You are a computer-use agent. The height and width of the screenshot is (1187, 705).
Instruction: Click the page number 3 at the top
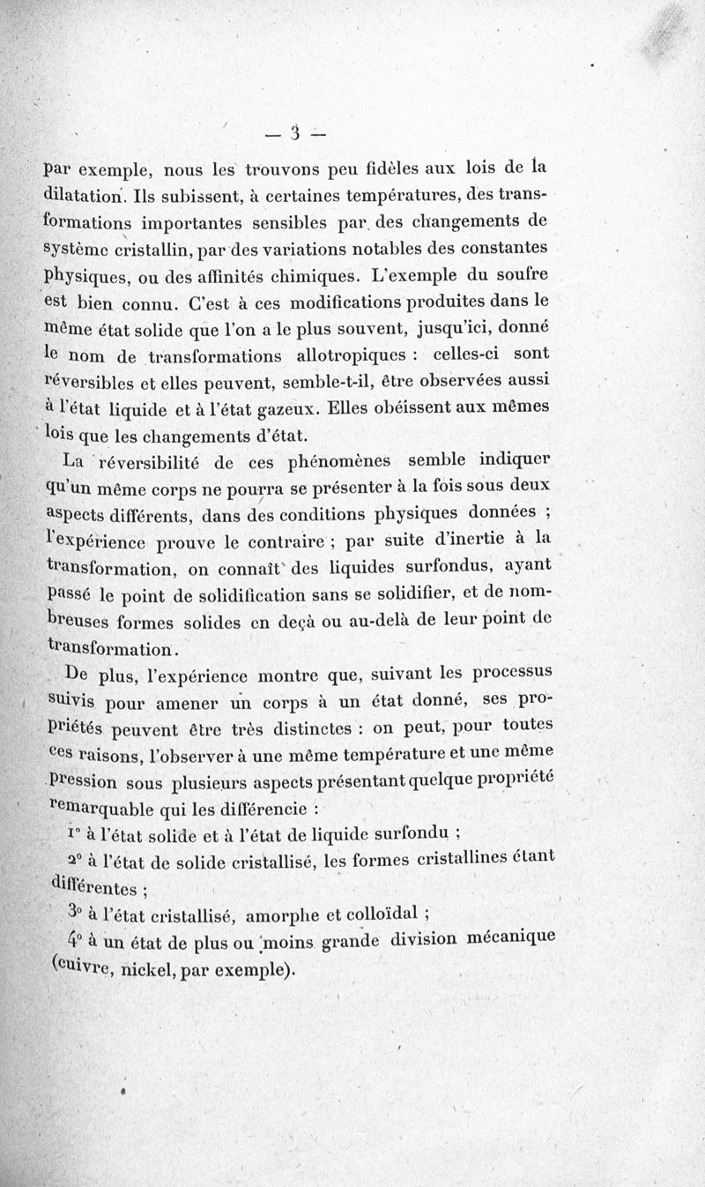tap(296, 133)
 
